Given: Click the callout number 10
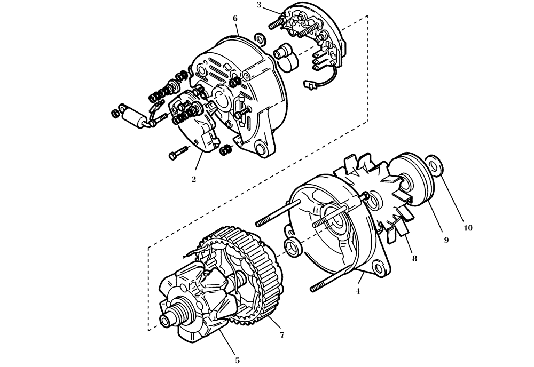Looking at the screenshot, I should click(x=468, y=228).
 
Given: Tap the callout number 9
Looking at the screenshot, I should click(x=446, y=240).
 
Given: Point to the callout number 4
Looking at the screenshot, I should click(x=358, y=291).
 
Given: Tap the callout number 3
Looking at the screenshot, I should click(x=259, y=5).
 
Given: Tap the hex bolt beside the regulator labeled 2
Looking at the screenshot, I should click(x=177, y=154).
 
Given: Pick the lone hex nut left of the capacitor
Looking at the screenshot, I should click(x=113, y=113).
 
